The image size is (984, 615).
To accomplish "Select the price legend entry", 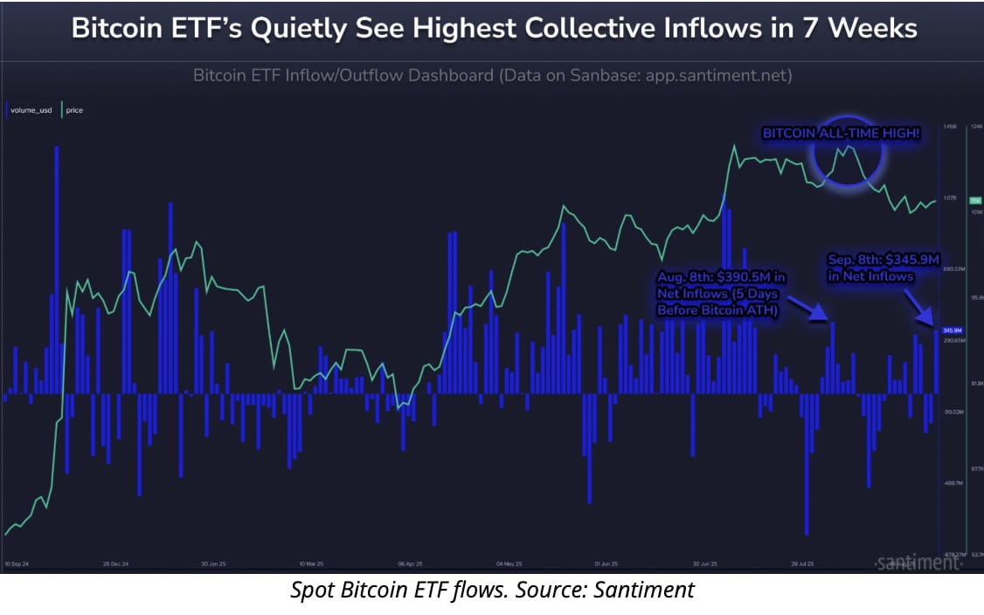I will click(x=73, y=111).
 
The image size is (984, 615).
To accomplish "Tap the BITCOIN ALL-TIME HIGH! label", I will click(x=841, y=135).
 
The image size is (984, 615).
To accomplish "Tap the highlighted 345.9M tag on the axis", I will click(x=952, y=329).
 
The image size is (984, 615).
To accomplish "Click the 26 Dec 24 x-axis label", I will click(x=120, y=563).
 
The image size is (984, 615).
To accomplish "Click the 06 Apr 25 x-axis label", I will click(x=410, y=563).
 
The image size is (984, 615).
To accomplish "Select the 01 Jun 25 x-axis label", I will click(x=606, y=563).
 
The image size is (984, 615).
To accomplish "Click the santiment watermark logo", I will click(x=914, y=563).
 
